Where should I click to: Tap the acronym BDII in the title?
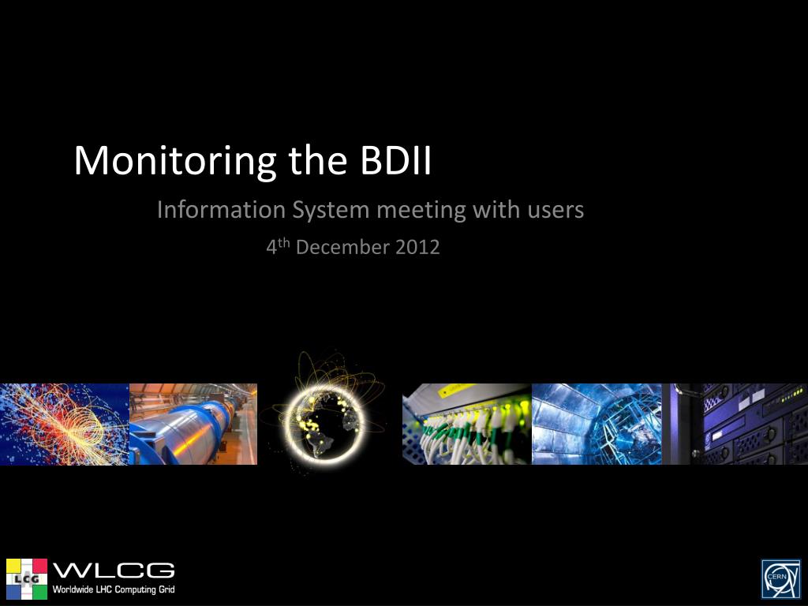[x=395, y=160]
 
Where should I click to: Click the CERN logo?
[x=780, y=578]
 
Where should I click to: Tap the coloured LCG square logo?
[x=27, y=578]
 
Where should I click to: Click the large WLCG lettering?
[x=114, y=571]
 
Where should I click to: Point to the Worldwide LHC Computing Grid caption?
[x=114, y=589]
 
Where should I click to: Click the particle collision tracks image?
[x=65, y=424]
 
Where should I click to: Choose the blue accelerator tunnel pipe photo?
[x=193, y=424]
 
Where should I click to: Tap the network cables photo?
[x=467, y=424]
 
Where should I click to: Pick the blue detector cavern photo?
[x=597, y=424]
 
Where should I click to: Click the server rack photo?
[x=735, y=424]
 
